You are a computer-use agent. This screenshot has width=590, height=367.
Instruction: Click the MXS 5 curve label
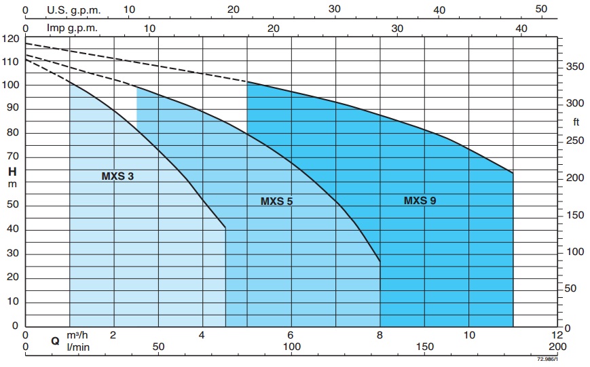coord(276,201)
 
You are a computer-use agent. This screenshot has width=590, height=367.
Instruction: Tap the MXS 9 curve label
coord(420,200)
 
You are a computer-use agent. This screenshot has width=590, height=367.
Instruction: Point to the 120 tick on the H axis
coord(10,39)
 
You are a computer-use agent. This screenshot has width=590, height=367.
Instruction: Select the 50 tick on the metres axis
coord(13,206)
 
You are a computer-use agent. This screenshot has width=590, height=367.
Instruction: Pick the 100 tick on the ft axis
coord(574,252)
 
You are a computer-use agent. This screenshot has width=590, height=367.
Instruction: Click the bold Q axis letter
coord(56,341)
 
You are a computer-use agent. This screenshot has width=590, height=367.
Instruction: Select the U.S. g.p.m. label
coord(73,9)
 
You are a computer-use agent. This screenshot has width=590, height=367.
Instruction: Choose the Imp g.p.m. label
coord(72,28)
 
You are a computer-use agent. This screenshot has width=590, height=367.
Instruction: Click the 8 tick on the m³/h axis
coord(380,335)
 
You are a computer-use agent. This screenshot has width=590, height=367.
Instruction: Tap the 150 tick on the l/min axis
coord(424,347)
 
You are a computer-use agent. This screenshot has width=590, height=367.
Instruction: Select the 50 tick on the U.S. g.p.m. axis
coord(541,9)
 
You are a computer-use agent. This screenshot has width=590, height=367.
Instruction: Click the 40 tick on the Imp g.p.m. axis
coord(521,28)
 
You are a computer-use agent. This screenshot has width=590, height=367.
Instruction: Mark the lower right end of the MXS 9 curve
coord(513,173)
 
